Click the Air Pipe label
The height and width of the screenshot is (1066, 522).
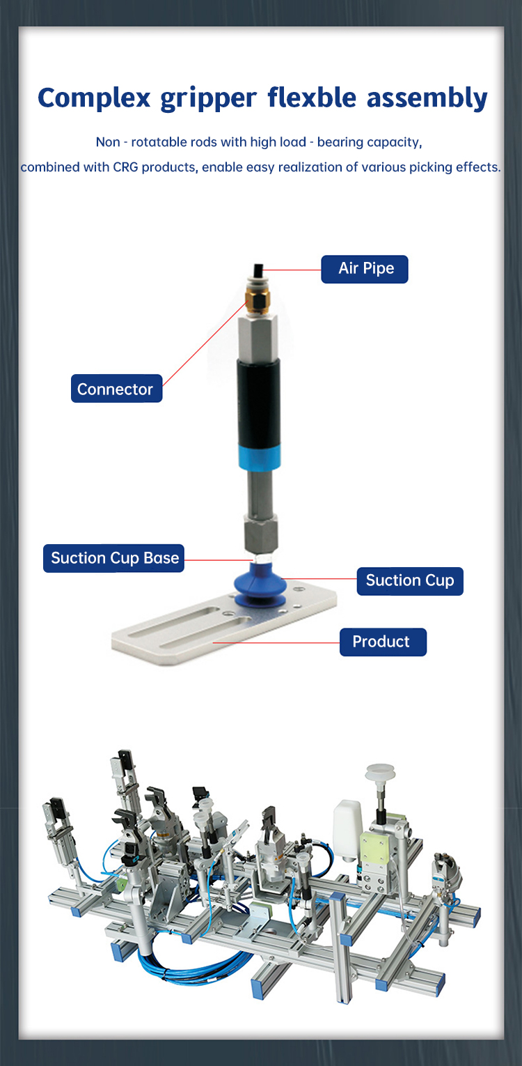point(365,270)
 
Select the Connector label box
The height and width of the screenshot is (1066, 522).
point(116,388)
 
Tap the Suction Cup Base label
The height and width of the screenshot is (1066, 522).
point(113,558)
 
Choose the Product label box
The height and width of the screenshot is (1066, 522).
point(383,642)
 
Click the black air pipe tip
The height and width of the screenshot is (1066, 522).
point(258,271)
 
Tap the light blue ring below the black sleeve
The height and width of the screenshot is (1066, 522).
point(260,457)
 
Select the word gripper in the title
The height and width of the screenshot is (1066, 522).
point(208,98)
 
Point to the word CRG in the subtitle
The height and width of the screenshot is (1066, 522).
point(125,167)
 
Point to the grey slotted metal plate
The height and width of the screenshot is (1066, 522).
point(224,624)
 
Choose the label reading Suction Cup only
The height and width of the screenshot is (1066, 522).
point(410,581)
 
